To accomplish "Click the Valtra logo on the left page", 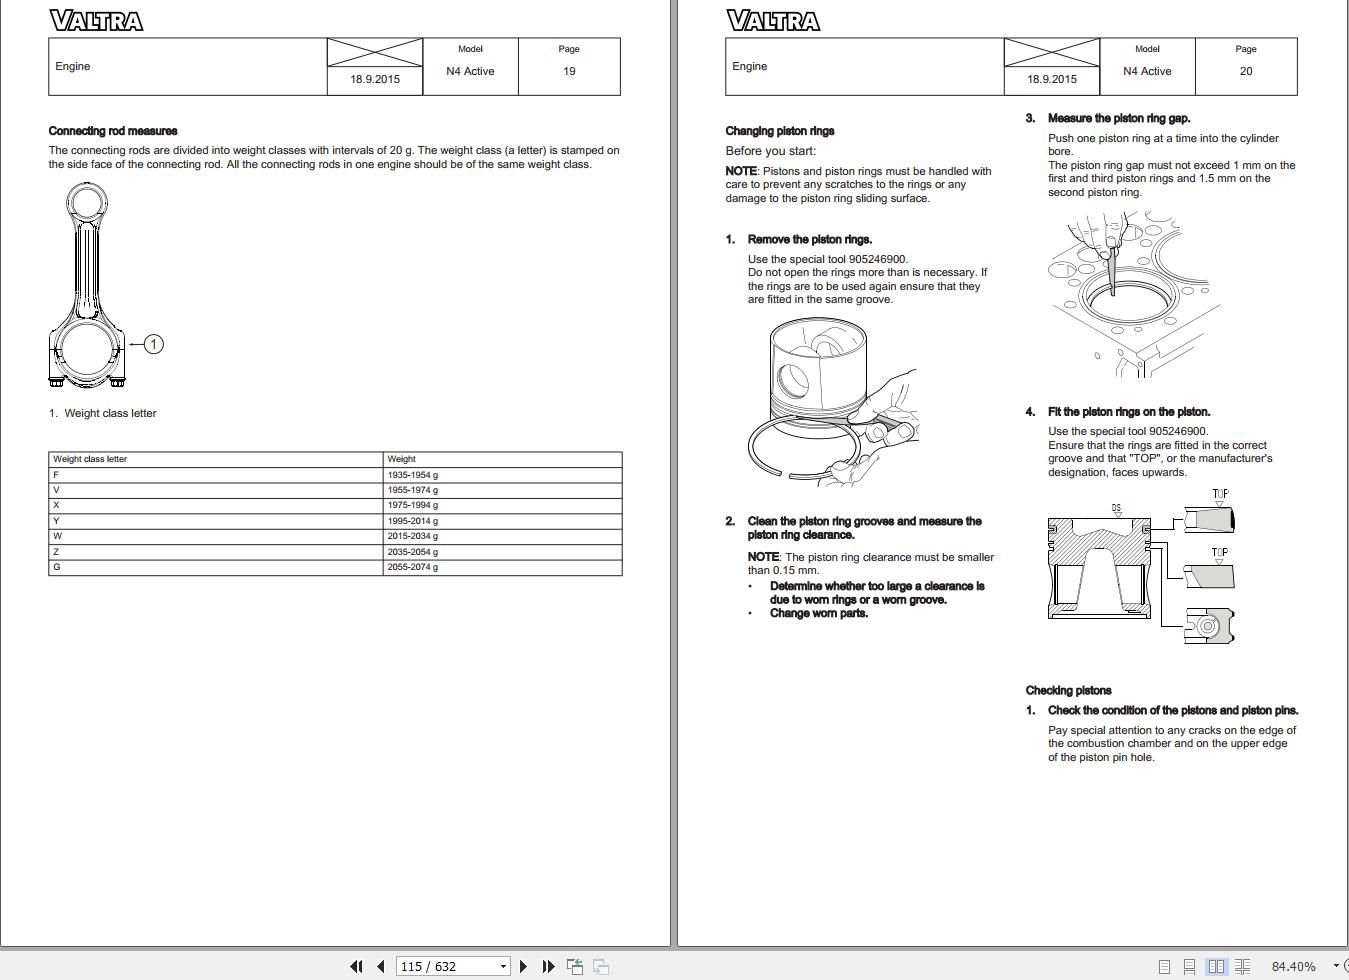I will coord(96,21).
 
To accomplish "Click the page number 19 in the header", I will coord(569,71).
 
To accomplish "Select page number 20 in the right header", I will coord(1245,71).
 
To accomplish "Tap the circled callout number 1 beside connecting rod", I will coord(153,344).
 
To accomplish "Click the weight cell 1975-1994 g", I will coord(413,505).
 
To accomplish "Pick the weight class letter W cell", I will coord(58,536).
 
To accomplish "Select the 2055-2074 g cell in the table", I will coord(413,567).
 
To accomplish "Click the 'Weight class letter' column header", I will coord(90,459).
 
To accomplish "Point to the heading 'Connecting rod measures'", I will coord(113,131).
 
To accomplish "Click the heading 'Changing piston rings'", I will coord(780,131).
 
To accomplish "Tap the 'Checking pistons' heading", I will coord(1068,690).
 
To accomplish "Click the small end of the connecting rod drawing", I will coord(87,203).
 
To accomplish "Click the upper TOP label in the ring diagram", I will coord(1220,494).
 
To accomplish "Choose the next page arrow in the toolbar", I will coord(523,966).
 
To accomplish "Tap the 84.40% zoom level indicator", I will coord(1293,966).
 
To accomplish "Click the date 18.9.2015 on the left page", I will coord(375,79).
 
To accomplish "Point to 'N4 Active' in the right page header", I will coord(1147,71).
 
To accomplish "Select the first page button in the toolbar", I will coord(356,966).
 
